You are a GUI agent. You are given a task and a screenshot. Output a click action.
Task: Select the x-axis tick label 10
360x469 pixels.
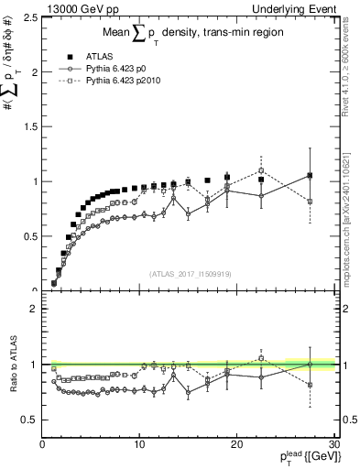tap(139, 445)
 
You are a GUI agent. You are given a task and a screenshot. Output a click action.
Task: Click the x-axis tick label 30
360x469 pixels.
tap(334, 445)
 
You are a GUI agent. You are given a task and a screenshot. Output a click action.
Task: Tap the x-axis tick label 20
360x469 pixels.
tap(236, 445)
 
